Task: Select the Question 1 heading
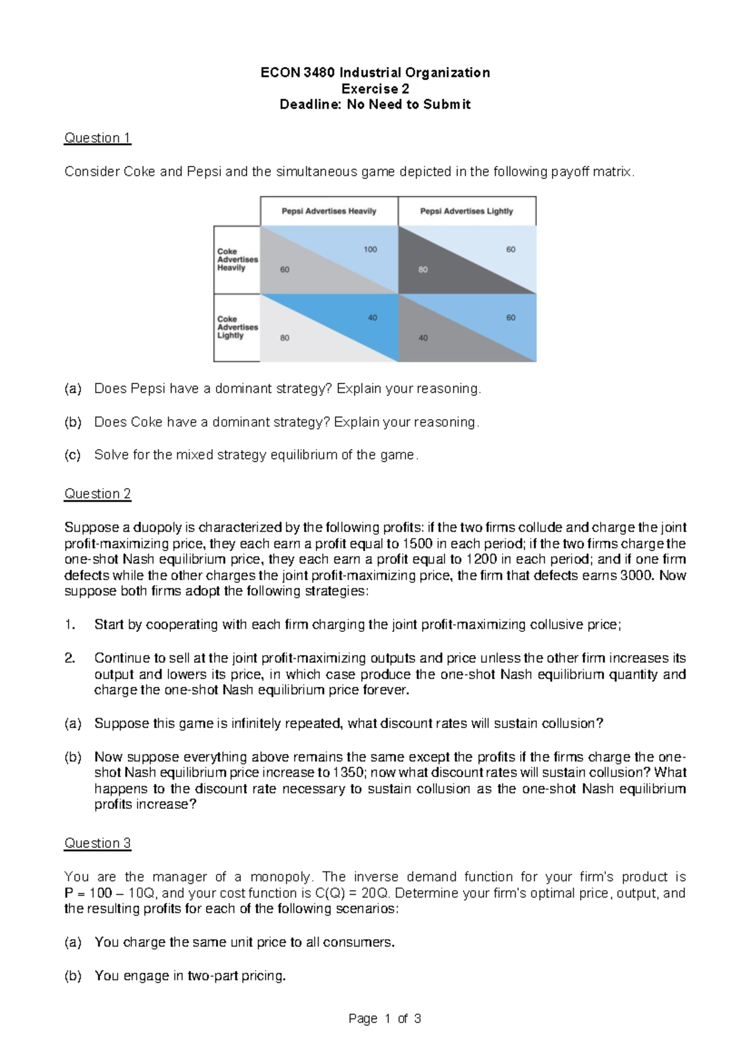[x=98, y=138]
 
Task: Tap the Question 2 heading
[x=98, y=494]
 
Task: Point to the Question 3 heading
[x=98, y=843]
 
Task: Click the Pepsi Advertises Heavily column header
[x=329, y=211]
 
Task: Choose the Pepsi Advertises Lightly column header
[x=466, y=211]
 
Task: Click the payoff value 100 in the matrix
[x=370, y=250]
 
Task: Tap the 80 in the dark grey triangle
[x=423, y=270]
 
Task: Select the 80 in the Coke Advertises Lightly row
[x=285, y=338]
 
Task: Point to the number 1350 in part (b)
[x=347, y=773]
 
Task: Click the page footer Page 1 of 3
[x=384, y=1019]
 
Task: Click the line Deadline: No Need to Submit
[x=375, y=104]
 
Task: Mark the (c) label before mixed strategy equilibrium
[x=73, y=455]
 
